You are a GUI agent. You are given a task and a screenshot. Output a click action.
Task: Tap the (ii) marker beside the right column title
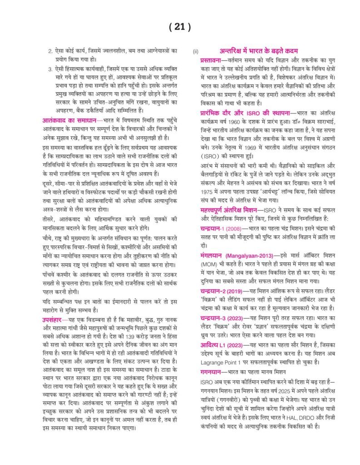coord(196,51)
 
